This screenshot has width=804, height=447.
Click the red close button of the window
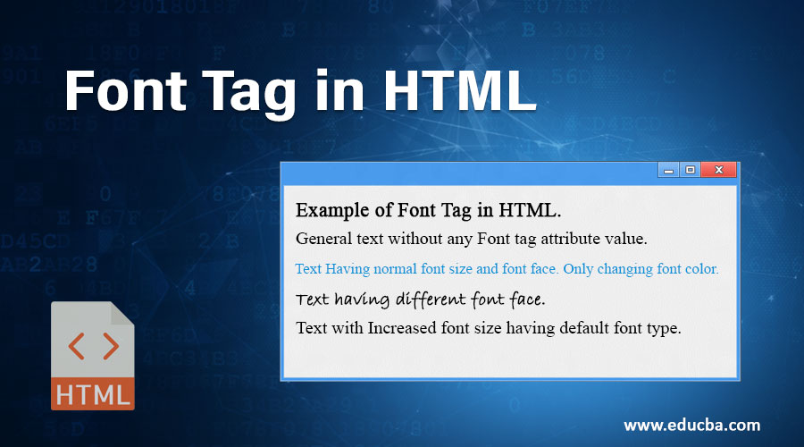(x=718, y=170)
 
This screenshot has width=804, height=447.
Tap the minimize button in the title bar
(x=669, y=170)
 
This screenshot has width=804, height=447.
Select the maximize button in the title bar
(x=690, y=170)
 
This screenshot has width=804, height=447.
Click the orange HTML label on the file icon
(x=93, y=393)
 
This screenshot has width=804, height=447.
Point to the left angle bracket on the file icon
(x=77, y=346)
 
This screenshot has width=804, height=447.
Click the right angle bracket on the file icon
(x=109, y=346)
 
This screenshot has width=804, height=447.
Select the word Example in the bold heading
(x=331, y=211)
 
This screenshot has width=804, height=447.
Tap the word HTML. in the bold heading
(x=533, y=211)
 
